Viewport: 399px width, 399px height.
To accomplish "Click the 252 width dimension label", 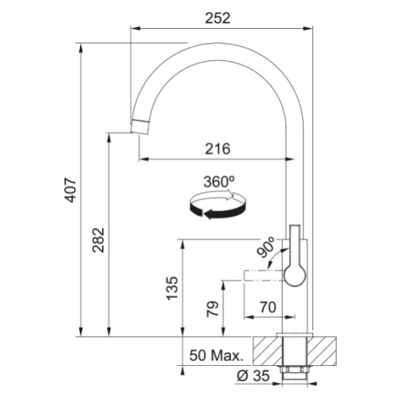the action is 217,19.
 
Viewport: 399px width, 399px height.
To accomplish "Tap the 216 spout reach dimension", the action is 217,149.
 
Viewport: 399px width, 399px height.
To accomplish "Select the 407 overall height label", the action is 70,190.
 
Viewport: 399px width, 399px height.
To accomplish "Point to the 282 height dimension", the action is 98,239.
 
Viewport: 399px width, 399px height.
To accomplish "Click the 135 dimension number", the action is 172,288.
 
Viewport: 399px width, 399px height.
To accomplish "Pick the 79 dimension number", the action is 213,309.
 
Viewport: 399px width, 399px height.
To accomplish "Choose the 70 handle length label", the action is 267,307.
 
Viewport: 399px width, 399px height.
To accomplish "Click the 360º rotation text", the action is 219,182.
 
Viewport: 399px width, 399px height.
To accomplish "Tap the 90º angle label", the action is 266,247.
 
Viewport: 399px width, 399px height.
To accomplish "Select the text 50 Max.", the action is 216,356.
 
